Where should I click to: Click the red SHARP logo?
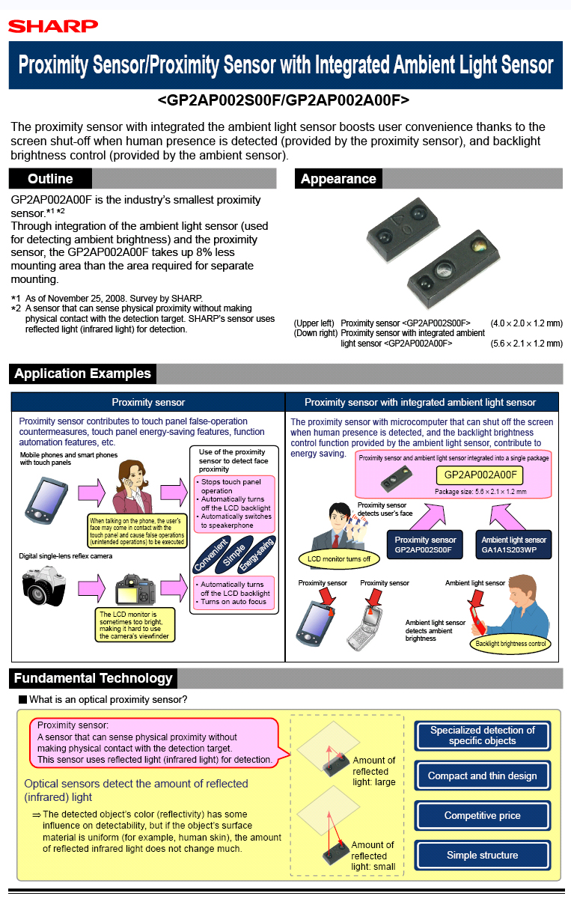[x=53, y=26]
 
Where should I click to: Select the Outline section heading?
[x=50, y=179]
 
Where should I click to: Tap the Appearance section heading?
[x=338, y=179]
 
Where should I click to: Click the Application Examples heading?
[x=82, y=374]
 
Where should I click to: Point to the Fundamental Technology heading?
[x=94, y=679]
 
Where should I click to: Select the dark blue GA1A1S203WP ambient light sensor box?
[x=513, y=544]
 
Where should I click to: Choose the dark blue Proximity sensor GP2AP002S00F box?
[x=425, y=544]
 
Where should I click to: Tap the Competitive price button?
[x=482, y=815]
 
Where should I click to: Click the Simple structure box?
[x=482, y=855]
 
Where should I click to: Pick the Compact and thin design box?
[x=482, y=775]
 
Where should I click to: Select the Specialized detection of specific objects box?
[x=482, y=735]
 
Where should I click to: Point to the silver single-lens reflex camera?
[x=46, y=585]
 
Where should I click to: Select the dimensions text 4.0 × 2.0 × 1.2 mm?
[x=526, y=323]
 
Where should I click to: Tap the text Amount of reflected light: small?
[x=373, y=856]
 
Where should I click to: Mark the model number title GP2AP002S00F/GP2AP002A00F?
[x=284, y=100]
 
